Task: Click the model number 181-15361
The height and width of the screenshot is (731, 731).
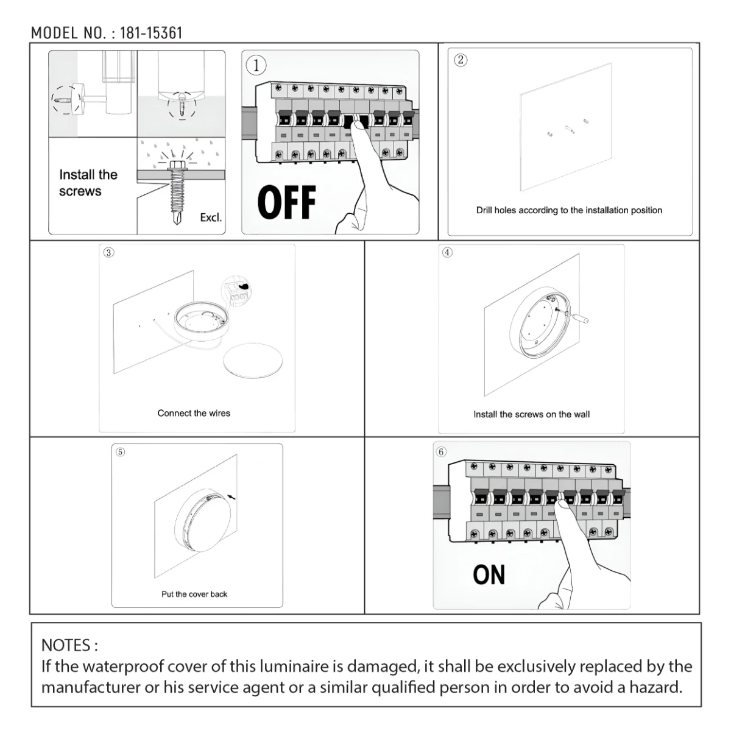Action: point(151,33)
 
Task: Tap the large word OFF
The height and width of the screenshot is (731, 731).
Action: point(286,202)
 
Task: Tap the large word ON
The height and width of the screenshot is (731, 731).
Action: point(489,575)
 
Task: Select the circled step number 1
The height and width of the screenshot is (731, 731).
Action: point(256,66)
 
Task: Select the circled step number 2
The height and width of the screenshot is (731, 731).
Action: point(461,60)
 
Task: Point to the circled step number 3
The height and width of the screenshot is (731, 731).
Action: point(108,253)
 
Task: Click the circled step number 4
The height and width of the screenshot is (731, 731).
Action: point(447,253)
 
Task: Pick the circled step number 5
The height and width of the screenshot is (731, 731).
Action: point(120,452)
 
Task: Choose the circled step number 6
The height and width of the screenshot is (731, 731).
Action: point(442,451)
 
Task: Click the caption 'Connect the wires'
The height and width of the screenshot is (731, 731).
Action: point(194,413)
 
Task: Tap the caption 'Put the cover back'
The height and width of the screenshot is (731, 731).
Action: point(194,594)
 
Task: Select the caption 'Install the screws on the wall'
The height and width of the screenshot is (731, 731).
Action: point(531,414)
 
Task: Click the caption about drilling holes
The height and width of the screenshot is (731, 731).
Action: point(569,210)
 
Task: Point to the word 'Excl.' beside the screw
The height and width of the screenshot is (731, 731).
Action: point(211,217)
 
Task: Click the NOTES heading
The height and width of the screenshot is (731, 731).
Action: point(69,644)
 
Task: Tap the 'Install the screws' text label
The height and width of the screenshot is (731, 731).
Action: point(88,183)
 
